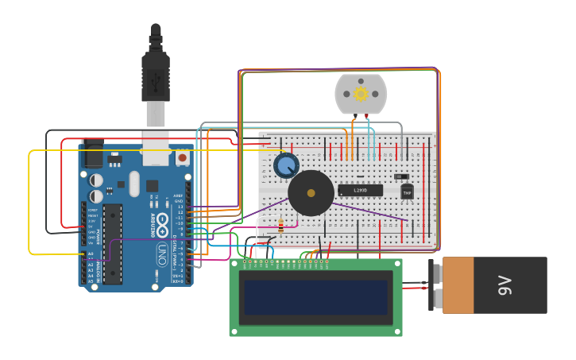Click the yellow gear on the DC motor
(361, 94)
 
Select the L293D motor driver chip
(360, 190)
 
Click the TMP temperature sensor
(408, 192)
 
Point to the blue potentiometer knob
(286, 165)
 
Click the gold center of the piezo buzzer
(311, 193)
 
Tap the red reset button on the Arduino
(183, 157)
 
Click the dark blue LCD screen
(315, 297)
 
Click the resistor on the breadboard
(280, 228)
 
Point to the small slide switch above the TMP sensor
(402, 176)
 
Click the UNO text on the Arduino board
(161, 254)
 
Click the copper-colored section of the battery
(458, 285)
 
